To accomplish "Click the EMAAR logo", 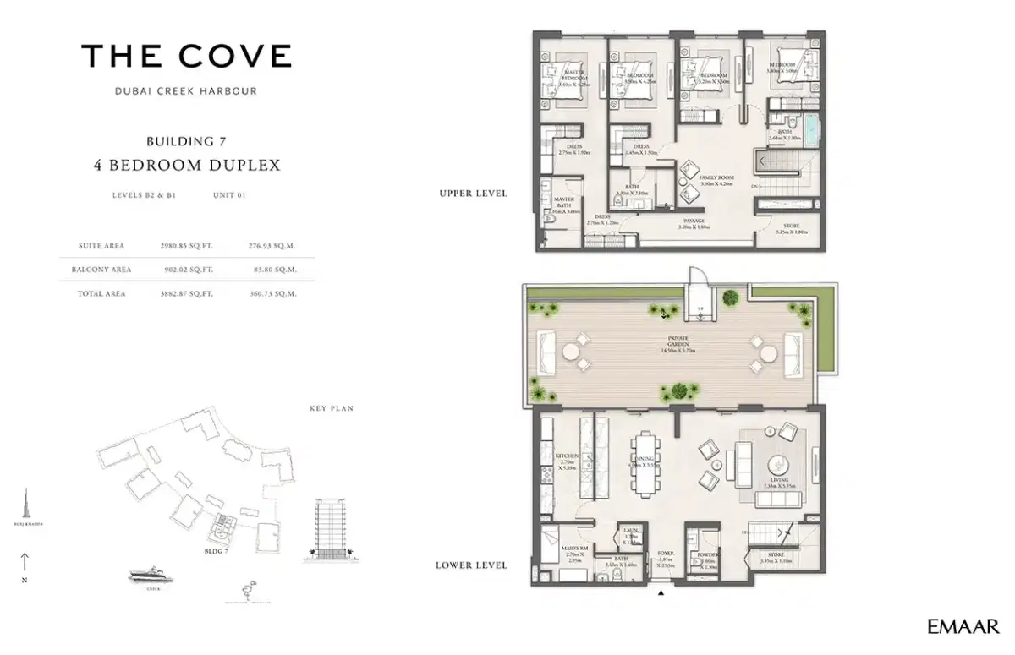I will coord(963,626).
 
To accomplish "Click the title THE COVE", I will coord(186,57).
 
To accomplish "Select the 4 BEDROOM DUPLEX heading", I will coord(186,165).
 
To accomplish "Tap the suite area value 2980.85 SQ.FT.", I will coord(186,246).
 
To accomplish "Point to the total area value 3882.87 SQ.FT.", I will coord(186,293).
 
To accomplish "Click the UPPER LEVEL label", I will coord(473,194).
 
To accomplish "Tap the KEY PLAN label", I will coord(331,408).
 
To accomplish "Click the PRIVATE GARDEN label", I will coord(681,342).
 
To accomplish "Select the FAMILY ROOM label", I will coord(716,179).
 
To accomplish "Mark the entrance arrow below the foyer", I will coord(661,594).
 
